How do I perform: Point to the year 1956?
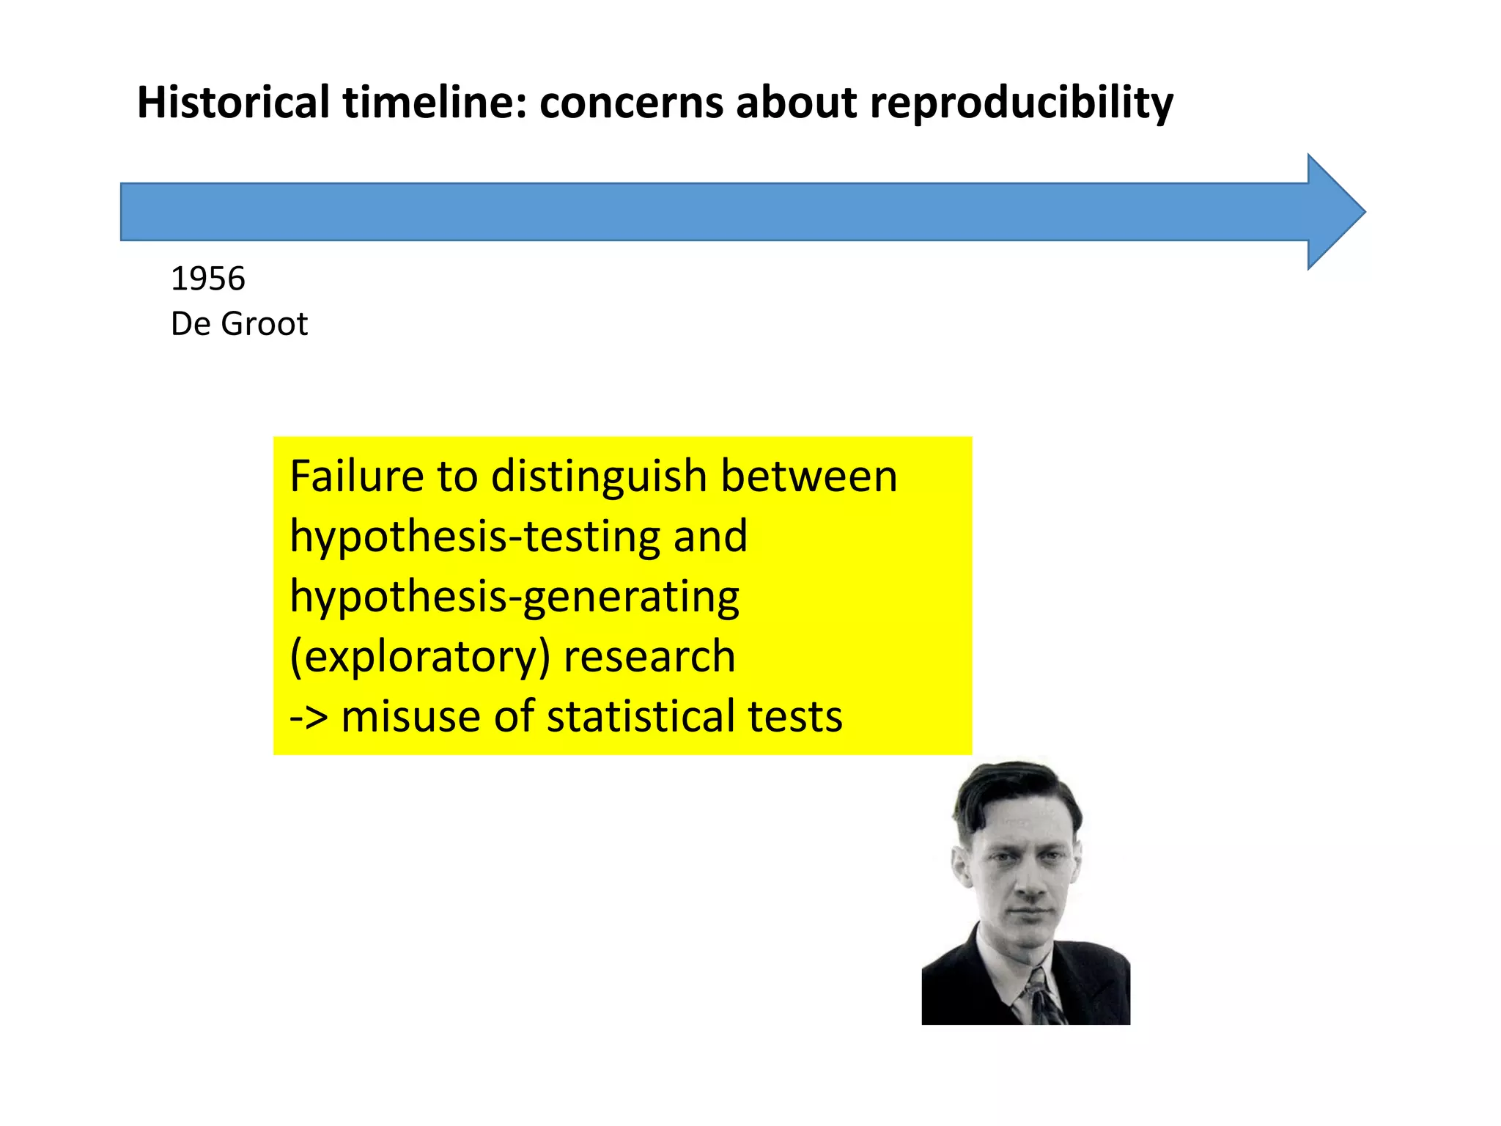pyautogui.click(x=207, y=279)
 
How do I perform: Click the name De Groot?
pyautogui.click(x=239, y=323)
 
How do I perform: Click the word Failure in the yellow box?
pyautogui.click(x=356, y=476)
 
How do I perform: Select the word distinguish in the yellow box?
pyautogui.click(x=598, y=477)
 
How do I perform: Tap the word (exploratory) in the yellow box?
pyautogui.click(x=419, y=656)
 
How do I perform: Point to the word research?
pyautogui.click(x=649, y=656)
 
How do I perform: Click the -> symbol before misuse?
pyautogui.click(x=309, y=716)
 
